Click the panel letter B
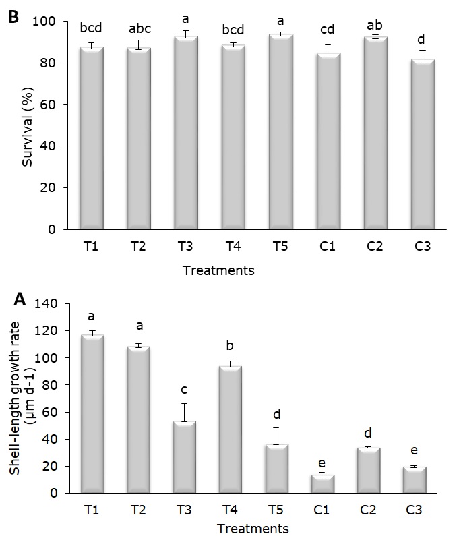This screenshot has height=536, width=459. (x=13, y=17)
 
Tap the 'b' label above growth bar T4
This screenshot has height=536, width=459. (x=230, y=346)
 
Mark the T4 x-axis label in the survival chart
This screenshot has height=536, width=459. (x=233, y=247)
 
